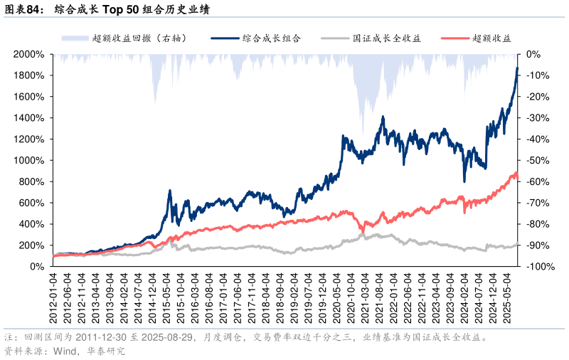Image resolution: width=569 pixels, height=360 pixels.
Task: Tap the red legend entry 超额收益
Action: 492,38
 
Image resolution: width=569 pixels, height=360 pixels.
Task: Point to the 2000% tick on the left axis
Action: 29,54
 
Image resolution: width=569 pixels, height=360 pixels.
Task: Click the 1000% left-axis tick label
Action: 29,160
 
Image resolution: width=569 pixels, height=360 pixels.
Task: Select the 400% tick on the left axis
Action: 32,224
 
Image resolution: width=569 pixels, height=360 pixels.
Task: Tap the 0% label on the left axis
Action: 37,267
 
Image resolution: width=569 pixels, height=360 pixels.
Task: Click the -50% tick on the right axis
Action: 535,160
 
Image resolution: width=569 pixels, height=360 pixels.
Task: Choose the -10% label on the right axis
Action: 535,75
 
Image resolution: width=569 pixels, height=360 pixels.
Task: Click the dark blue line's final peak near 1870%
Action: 517,68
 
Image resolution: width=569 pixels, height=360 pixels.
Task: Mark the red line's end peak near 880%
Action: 515,173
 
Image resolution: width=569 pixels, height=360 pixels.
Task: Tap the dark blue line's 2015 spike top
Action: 170,191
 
